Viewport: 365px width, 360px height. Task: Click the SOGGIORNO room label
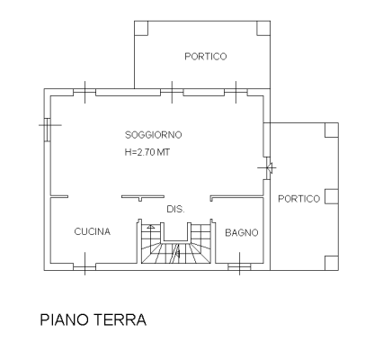point(153,135)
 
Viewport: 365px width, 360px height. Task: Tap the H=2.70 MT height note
point(147,152)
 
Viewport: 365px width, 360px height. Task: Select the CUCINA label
point(93,231)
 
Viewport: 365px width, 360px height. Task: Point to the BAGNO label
point(242,233)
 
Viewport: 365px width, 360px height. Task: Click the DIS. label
point(175,209)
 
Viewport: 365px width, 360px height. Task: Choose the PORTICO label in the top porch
point(206,57)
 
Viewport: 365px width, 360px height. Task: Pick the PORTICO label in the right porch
point(299,199)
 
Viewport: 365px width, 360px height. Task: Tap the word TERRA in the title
point(120,319)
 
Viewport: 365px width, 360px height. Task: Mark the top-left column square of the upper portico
point(141,28)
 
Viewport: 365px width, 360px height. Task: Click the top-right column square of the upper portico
point(263,28)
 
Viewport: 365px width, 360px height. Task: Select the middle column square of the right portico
point(332,196)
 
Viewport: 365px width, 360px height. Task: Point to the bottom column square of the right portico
point(332,263)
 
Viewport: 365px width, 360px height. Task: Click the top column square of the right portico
point(332,130)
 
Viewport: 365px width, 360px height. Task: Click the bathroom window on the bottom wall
point(239,267)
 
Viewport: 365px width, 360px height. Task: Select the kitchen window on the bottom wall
point(85,267)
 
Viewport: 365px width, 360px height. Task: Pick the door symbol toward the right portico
point(267,168)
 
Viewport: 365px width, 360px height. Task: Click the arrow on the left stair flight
point(151,227)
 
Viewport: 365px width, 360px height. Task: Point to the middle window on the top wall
point(172,92)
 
